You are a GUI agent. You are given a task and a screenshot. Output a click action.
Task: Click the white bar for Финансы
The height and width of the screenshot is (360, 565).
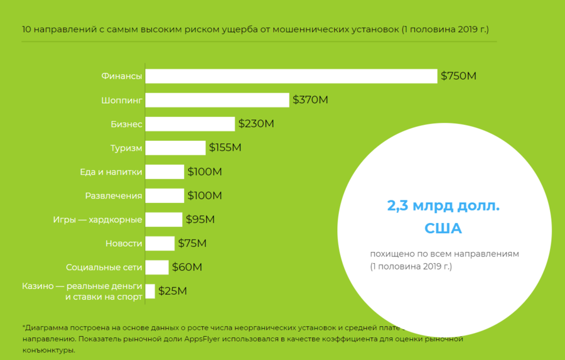click(291, 76)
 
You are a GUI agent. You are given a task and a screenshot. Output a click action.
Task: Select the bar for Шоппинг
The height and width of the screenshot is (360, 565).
click(217, 100)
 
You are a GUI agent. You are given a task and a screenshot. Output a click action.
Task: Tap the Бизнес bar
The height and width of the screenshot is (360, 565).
click(190, 124)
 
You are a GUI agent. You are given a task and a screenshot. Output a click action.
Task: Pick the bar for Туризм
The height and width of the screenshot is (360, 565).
click(175, 148)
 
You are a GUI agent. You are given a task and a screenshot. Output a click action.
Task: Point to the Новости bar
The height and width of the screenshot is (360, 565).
click(160, 243)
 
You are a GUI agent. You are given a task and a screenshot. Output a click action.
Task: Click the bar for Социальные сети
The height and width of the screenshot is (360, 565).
click(157, 267)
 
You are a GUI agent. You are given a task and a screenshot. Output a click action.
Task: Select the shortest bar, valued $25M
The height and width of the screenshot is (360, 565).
click(150, 291)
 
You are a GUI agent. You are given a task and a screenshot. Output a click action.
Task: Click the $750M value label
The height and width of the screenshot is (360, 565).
click(458, 76)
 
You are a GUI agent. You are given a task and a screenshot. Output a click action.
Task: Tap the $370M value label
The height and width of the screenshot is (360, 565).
click(310, 100)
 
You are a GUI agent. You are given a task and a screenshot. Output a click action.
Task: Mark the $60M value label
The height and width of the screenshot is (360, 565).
click(187, 267)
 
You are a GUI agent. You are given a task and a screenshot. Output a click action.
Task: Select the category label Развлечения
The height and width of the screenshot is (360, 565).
click(114, 195)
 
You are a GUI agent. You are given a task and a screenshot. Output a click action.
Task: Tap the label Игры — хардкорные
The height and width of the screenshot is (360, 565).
click(97, 219)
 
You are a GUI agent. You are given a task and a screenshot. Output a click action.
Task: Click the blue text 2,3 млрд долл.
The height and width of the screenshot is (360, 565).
click(443, 206)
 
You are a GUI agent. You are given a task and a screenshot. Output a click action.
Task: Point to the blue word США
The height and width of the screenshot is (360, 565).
click(443, 229)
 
